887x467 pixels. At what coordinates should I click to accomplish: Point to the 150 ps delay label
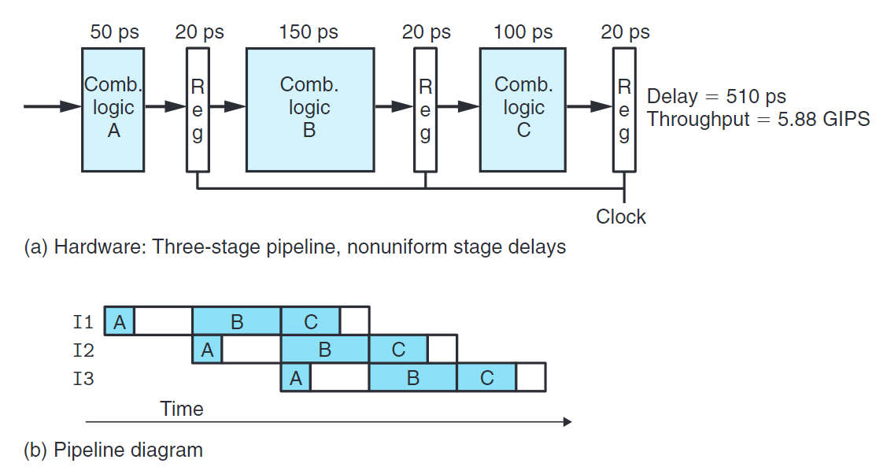click(x=309, y=32)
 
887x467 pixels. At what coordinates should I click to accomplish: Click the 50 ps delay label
click(x=114, y=32)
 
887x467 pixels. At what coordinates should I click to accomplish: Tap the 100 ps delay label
click(x=523, y=32)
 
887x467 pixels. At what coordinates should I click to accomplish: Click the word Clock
click(x=621, y=217)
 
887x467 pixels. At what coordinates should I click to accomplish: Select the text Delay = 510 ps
click(x=716, y=97)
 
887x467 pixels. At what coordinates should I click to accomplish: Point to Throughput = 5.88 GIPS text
click(x=758, y=120)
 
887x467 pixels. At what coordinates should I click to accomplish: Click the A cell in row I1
click(x=120, y=321)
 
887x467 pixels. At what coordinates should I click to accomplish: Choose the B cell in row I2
click(x=324, y=350)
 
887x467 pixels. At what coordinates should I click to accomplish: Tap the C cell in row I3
click(x=486, y=378)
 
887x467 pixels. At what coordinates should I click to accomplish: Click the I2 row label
click(x=83, y=350)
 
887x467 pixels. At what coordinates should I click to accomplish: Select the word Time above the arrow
click(x=182, y=409)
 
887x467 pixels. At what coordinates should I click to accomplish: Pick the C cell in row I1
click(x=310, y=321)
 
